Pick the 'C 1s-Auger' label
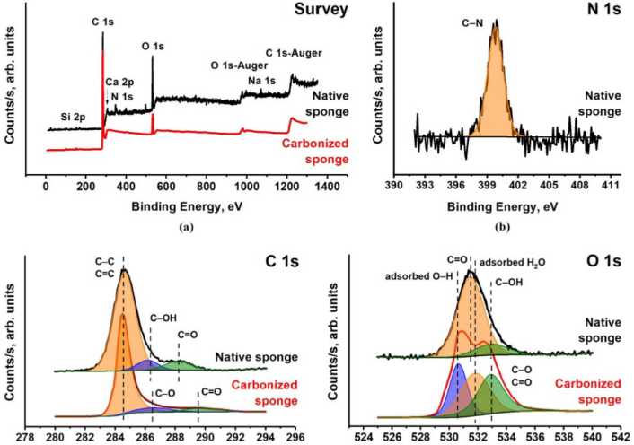click(295, 54)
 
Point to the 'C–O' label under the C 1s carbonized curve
click(165, 392)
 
